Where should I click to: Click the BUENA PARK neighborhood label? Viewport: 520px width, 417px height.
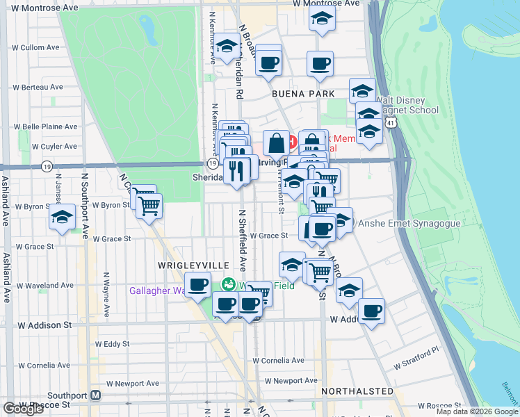(303, 94)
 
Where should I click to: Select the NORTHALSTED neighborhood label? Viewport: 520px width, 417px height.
(357, 392)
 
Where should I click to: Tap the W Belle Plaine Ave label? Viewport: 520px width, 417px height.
(50, 127)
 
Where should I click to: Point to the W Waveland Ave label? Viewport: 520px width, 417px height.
(44, 285)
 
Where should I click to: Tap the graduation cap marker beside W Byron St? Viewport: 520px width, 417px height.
(63, 218)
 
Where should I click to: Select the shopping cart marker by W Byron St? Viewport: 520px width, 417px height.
(149, 205)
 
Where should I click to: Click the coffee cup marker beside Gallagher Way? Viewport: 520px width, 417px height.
(198, 284)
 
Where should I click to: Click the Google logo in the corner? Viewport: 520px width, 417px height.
(23, 409)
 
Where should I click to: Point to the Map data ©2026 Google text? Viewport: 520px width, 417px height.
(476, 411)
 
